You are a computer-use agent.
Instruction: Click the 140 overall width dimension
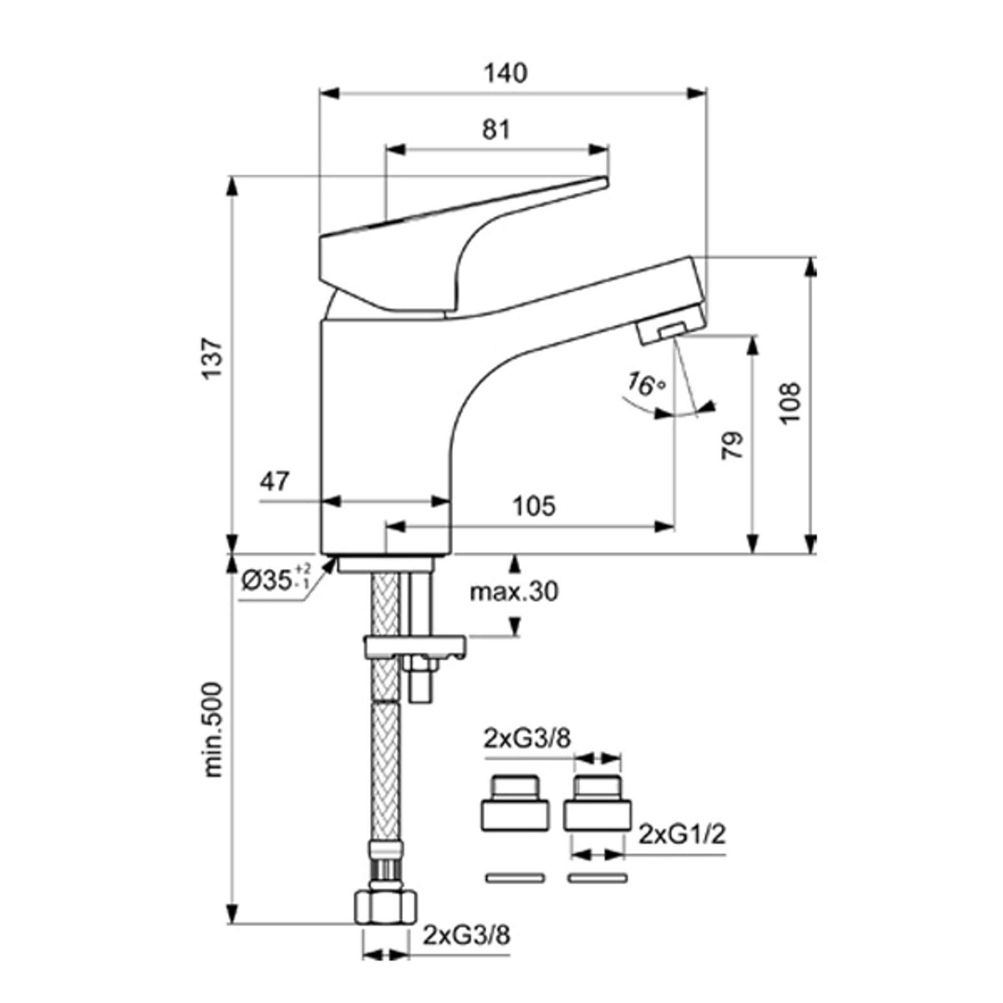[505, 74]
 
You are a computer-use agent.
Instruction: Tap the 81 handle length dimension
[496, 130]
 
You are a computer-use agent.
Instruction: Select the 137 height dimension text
[212, 358]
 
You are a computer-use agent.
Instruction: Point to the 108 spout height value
[790, 402]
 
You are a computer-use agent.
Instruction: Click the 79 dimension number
[732, 445]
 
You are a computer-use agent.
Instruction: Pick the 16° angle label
[646, 384]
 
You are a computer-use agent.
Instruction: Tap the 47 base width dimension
[275, 481]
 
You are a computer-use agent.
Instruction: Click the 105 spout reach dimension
[534, 506]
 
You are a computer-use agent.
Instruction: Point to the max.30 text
[514, 591]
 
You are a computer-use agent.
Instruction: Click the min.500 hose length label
[213, 730]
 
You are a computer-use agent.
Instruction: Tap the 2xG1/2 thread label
[682, 834]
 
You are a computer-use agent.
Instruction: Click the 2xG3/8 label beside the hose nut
[466, 935]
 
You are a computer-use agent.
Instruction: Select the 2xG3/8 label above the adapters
[527, 739]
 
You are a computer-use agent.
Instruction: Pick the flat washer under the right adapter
[597, 878]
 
